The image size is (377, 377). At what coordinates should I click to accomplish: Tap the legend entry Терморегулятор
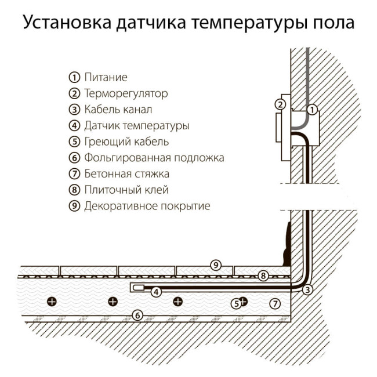pyautogui.click(x=126, y=93)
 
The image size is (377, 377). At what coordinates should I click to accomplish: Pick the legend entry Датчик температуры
pyautogui.click(x=137, y=125)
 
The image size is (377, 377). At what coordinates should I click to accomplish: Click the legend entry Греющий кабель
pyautogui.click(x=126, y=142)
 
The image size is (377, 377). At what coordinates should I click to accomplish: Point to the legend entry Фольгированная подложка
pyautogui.click(x=154, y=158)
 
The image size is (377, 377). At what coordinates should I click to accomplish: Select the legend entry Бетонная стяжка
pyautogui.click(x=126, y=173)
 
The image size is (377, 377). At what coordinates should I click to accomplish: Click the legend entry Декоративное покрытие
pyautogui.click(x=147, y=206)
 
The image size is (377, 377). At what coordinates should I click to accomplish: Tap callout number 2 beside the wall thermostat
pyautogui.click(x=280, y=105)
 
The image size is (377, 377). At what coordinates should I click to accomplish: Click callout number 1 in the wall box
pyautogui.click(x=312, y=109)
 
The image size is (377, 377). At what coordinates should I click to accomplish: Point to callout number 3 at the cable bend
pyautogui.click(x=308, y=289)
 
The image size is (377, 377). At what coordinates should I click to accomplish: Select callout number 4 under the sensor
pyautogui.click(x=155, y=292)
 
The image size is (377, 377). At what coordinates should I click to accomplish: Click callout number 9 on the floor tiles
pyautogui.click(x=215, y=266)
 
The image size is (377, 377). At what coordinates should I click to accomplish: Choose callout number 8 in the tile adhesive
pyautogui.click(x=263, y=276)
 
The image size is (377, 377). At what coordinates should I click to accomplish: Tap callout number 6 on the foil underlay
pyautogui.click(x=137, y=316)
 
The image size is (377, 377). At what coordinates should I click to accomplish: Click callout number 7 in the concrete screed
pyautogui.click(x=275, y=303)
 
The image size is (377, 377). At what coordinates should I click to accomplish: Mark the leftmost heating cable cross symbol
pyautogui.click(x=52, y=301)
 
